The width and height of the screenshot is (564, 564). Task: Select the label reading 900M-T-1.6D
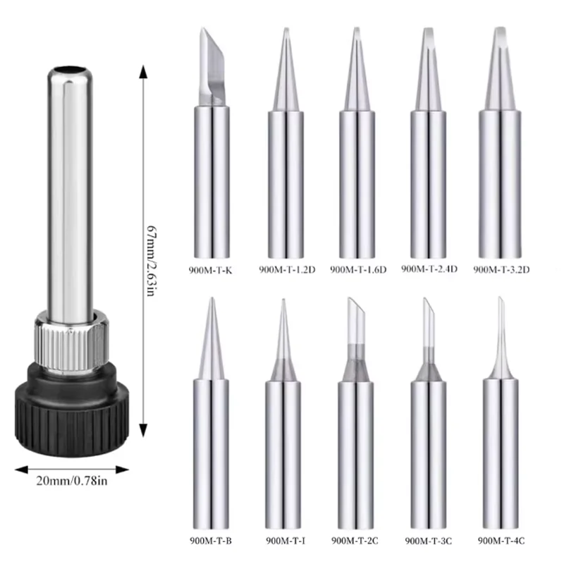point(356,269)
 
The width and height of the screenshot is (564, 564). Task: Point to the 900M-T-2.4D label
point(429,269)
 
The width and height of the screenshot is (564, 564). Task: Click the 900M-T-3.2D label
point(501,269)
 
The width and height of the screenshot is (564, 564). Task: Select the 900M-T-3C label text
point(429,541)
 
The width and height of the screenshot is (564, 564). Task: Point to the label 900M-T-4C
point(501,541)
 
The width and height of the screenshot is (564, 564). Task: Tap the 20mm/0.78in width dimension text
point(73,482)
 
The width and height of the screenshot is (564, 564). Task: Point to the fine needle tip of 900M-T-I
point(282,324)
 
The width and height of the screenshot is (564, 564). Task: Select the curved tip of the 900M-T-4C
point(501,324)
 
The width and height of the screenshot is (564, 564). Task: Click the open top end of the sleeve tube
point(70,70)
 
